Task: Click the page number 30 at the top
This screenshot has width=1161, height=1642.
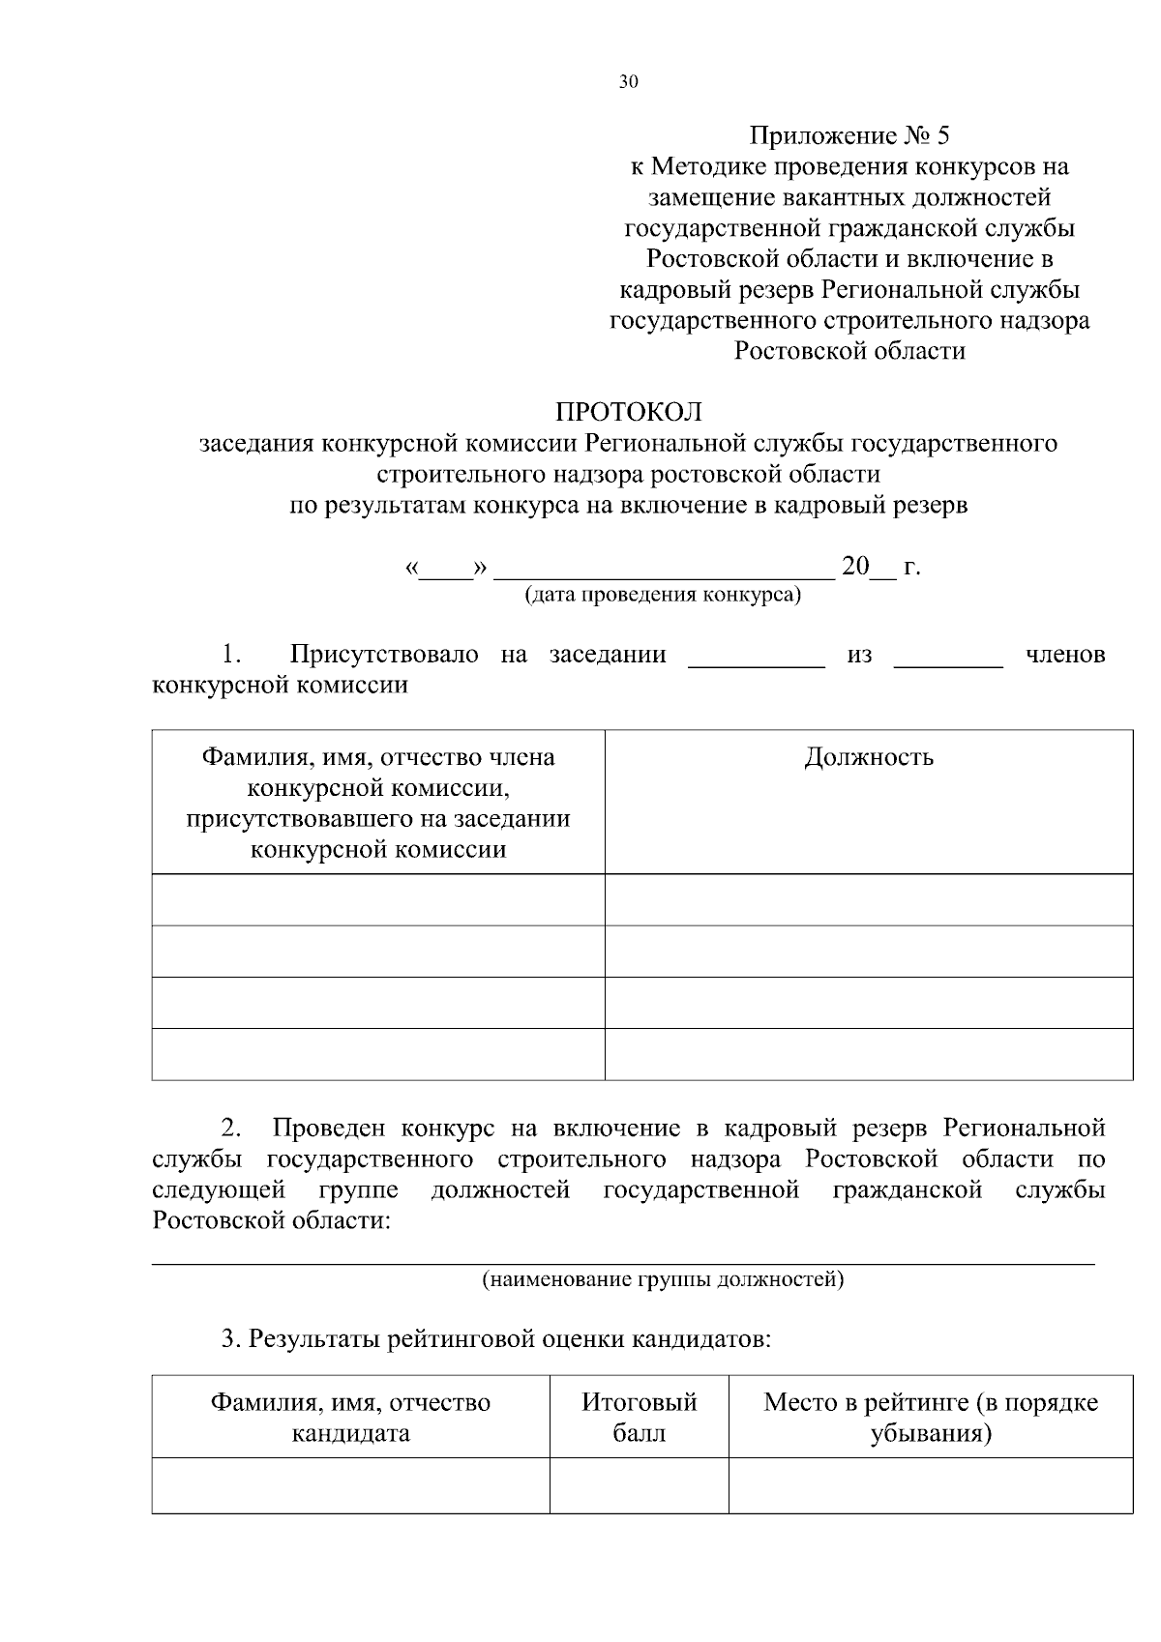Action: [x=628, y=82]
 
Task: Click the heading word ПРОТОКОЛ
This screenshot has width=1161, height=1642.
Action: [x=628, y=413]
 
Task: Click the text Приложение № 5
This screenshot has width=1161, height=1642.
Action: [x=848, y=135]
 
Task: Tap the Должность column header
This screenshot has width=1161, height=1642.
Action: [x=868, y=757]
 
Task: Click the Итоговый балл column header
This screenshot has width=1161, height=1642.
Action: [x=639, y=1417]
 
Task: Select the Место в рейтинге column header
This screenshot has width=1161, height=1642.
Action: [x=930, y=1417]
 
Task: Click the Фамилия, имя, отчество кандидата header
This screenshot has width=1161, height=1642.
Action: [x=350, y=1417]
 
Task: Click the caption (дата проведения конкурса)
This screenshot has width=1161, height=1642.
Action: [x=663, y=595]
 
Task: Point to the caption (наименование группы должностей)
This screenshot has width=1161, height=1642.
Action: [x=663, y=1280]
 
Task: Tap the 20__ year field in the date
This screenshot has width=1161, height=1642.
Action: [x=869, y=567]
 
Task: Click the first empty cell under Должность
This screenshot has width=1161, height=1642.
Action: [x=868, y=899]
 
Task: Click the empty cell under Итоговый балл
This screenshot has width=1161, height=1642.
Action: [x=639, y=1485]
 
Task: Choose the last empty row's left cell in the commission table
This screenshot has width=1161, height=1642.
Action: [x=377, y=1053]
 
